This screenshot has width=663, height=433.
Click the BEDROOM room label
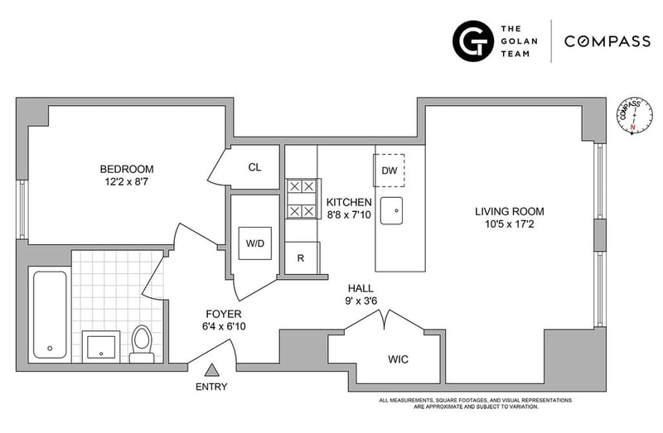[x=127, y=169]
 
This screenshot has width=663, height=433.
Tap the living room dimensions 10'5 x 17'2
[x=509, y=224]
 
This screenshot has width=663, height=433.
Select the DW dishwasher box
[x=389, y=171]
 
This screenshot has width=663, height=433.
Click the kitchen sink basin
[x=391, y=210]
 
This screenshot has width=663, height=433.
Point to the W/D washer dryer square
[x=255, y=243]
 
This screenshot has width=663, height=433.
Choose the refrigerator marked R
[x=302, y=257]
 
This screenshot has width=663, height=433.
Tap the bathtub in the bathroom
[x=50, y=315]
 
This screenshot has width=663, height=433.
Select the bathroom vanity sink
[x=101, y=347]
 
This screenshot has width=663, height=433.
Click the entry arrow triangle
[x=212, y=370]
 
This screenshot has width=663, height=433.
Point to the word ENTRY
[x=211, y=387]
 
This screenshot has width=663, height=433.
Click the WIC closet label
[x=399, y=359]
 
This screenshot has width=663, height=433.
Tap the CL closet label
[x=254, y=167]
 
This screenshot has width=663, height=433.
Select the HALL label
[x=361, y=288]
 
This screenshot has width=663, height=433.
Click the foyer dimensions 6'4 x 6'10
[x=224, y=326]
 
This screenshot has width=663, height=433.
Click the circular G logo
[x=472, y=41]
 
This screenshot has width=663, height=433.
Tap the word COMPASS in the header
[x=607, y=41]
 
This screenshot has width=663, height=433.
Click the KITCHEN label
[x=349, y=202]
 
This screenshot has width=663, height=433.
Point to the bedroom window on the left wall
[x=22, y=209]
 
